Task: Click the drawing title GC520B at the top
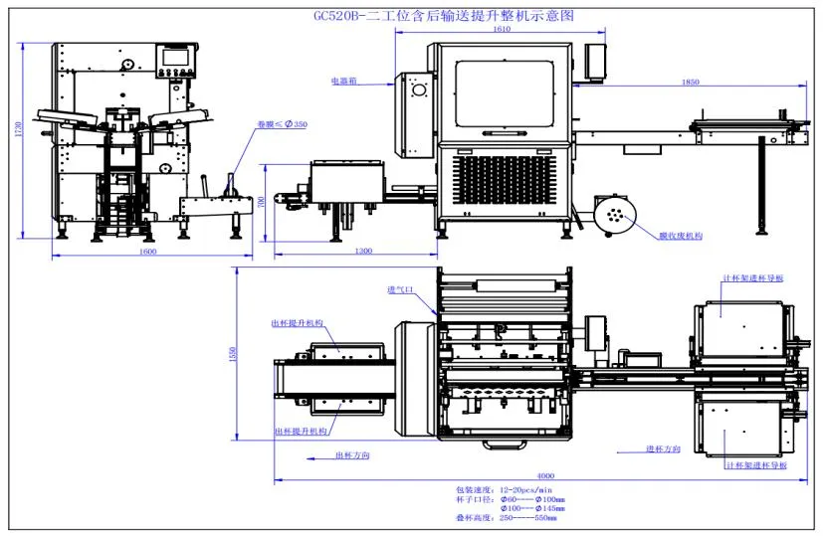pos(442,16)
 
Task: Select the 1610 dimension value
pos(501,29)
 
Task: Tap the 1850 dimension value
pos(691,83)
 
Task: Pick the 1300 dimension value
pos(363,252)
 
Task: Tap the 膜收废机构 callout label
pos(681,236)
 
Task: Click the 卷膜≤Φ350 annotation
pos(282,124)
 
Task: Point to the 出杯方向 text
pos(352,455)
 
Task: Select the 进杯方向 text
pos(662,450)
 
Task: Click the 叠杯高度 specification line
pos(507,518)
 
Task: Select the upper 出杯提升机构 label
pos(298,323)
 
